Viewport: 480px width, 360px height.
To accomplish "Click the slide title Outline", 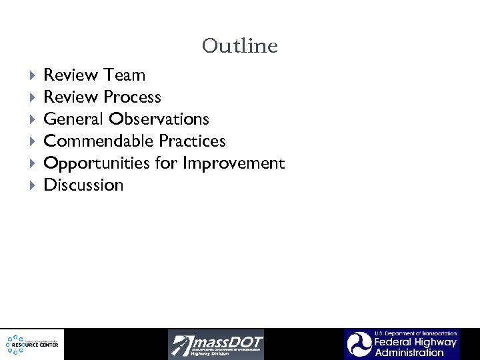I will (x=239, y=46).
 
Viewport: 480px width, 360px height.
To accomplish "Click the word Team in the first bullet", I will (x=125, y=75).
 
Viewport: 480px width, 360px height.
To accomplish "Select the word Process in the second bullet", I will (x=132, y=97).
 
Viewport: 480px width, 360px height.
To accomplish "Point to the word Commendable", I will (x=99, y=141).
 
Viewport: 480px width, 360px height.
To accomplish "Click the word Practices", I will (x=192, y=141).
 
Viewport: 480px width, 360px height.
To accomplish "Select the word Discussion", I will (x=83, y=185).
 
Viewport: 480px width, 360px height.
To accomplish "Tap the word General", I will (x=73, y=119).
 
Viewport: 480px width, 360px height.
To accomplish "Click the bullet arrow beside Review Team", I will (x=33, y=75).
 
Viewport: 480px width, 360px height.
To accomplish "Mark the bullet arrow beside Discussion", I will (x=33, y=185).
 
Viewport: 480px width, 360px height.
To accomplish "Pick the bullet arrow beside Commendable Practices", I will (x=33, y=141).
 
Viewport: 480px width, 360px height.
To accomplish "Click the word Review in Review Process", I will (x=71, y=97).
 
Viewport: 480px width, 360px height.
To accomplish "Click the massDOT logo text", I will (x=227, y=341).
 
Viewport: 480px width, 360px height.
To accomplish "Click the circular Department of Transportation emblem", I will (x=358, y=345).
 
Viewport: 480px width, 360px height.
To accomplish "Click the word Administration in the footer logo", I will (x=409, y=353).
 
